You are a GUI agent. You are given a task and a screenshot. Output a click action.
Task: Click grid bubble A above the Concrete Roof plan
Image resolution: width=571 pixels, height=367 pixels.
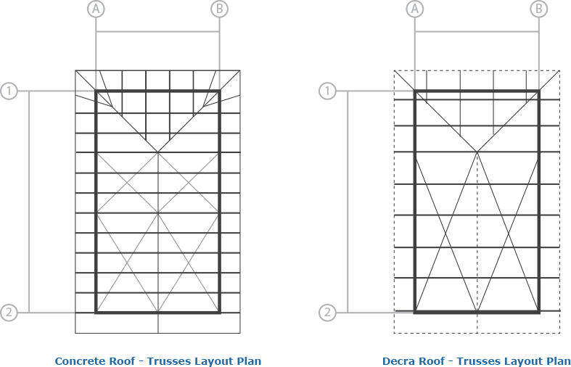click(96, 9)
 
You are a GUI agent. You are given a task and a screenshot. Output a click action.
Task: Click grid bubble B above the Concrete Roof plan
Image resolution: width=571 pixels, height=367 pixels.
click(220, 9)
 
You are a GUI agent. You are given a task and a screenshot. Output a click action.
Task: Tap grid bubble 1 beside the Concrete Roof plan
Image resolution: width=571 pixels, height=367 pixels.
click(9, 91)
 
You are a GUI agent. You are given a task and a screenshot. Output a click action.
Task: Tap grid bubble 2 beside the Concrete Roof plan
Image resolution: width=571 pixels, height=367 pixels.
click(9, 313)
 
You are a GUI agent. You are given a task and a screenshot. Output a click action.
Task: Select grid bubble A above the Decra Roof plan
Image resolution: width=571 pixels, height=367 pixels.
click(415, 9)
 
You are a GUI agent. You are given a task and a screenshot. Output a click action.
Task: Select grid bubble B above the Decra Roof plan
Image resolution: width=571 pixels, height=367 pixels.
click(538, 9)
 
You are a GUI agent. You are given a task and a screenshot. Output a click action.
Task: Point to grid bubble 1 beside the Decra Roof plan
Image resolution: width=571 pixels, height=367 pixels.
click(327, 91)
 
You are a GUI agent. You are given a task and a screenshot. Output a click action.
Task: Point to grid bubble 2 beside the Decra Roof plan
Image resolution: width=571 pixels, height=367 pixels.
click(327, 313)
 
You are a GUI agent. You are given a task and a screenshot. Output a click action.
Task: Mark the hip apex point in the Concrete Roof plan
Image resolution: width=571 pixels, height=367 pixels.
click(157, 152)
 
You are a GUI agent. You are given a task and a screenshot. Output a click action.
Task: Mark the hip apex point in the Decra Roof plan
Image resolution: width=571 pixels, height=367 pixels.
click(477, 152)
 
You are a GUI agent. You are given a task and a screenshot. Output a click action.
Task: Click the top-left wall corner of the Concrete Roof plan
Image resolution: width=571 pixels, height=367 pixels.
click(96, 91)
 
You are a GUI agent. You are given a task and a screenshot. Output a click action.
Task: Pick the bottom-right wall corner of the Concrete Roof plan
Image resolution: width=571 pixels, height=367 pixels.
click(220, 313)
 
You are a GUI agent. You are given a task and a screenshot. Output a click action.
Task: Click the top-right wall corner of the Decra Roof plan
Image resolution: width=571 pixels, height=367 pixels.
click(538, 91)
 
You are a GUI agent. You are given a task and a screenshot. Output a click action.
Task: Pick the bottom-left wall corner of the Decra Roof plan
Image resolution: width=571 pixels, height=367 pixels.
click(415, 312)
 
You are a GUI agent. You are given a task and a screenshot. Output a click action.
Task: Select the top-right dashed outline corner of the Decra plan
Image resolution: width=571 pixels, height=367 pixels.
click(559, 70)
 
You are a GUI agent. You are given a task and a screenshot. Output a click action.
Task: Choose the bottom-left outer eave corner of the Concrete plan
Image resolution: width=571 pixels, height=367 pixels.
click(75, 333)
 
